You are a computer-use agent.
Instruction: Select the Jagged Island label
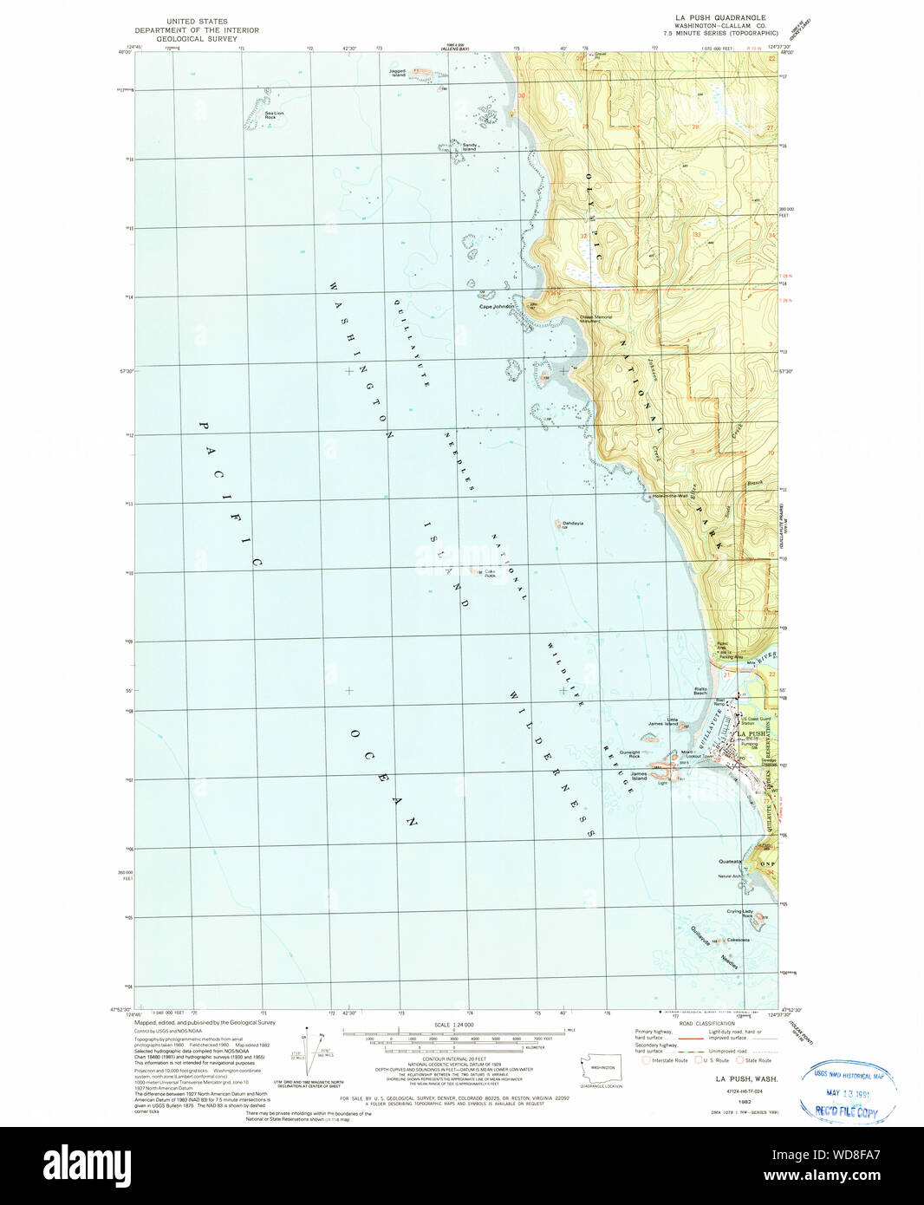(397, 73)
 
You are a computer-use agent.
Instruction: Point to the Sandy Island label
(469, 147)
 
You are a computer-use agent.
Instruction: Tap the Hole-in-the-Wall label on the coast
(670, 496)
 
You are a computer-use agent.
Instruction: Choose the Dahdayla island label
(572, 524)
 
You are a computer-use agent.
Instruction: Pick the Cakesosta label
(738, 941)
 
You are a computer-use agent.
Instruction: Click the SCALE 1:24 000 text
(453, 1025)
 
